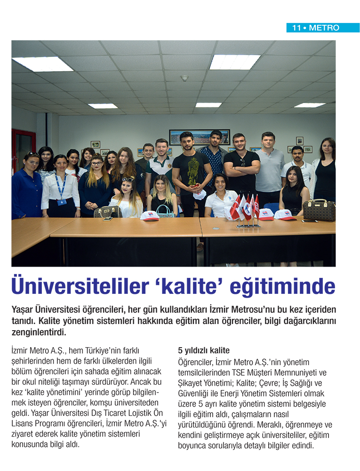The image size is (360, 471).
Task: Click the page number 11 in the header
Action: pos(296,28)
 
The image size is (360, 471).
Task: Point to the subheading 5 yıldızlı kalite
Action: pos(204,350)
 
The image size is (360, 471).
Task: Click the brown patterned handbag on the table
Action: pos(319,210)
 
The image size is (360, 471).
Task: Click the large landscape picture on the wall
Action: pos(200,137)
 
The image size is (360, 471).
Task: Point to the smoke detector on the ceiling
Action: pos(184,78)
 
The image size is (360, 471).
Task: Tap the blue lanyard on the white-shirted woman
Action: pos(60,186)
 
